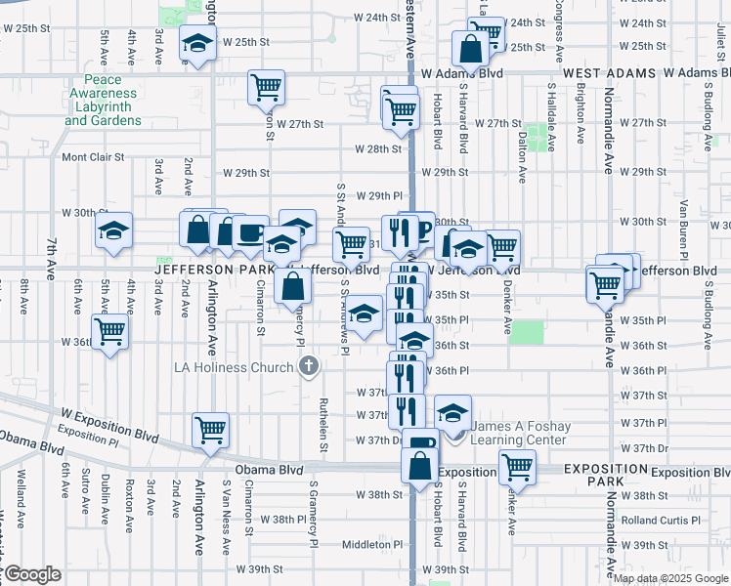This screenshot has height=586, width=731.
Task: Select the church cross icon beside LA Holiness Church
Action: pos(309,367)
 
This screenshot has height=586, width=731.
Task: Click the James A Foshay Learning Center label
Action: pos(518,433)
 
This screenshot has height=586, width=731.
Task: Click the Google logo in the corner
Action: pos(31,574)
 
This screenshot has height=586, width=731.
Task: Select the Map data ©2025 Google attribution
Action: pos(669,578)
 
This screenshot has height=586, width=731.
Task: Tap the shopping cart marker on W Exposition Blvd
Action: pos(210,430)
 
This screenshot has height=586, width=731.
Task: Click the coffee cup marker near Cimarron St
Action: pos(251,233)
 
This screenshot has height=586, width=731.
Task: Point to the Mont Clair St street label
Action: pos(94,156)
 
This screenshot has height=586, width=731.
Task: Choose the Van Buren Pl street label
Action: pos(684,223)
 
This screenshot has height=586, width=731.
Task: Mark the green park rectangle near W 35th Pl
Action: pos(526,332)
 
